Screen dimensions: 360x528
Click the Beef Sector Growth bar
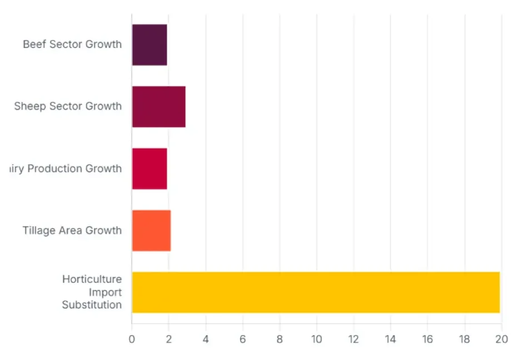[x=150, y=45]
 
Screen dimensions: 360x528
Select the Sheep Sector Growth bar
[x=158, y=107]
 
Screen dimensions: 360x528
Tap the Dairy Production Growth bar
[x=150, y=168]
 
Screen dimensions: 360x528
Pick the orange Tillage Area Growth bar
[x=151, y=231]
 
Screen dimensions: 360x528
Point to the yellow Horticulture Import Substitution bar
[x=316, y=292]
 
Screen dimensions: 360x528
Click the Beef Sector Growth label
[x=72, y=44]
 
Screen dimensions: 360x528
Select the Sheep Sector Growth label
[x=68, y=106]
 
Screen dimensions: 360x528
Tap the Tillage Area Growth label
[x=72, y=230]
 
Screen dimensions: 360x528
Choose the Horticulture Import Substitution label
[x=92, y=292]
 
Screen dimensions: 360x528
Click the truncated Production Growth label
[x=66, y=168]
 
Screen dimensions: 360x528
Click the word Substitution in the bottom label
[x=92, y=304]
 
